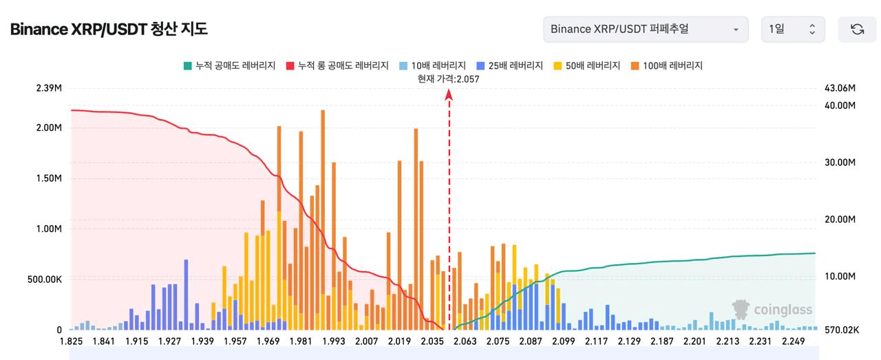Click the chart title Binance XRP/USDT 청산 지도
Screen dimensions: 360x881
pyautogui.click(x=109, y=29)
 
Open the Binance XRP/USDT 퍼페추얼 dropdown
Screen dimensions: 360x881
pyautogui.click(x=645, y=30)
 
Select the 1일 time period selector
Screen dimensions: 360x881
pyautogui.click(x=792, y=30)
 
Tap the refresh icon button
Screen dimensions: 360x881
pyautogui.click(x=857, y=30)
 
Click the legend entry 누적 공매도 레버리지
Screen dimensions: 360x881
pyautogui.click(x=229, y=65)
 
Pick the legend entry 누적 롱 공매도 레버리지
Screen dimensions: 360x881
pyautogui.click(x=337, y=65)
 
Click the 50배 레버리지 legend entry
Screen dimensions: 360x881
pyautogui.click(x=586, y=65)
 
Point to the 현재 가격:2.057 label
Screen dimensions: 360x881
pyautogui.click(x=448, y=78)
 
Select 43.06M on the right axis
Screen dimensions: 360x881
pyautogui.click(x=839, y=88)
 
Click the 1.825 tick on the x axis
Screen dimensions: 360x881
pyautogui.click(x=71, y=342)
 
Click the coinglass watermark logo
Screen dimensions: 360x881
pyautogui.click(x=772, y=310)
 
